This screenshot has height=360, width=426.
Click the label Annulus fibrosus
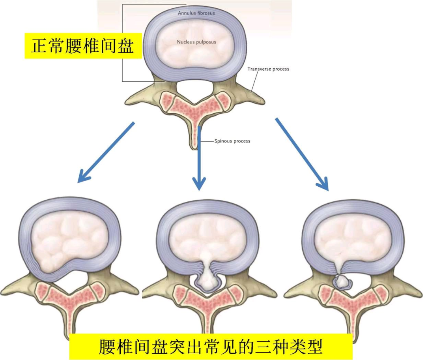[x=196, y=13]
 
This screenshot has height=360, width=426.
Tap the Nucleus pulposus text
[x=196, y=42]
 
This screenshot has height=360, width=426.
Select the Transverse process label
[x=268, y=69]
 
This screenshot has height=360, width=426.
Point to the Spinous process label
[x=232, y=141]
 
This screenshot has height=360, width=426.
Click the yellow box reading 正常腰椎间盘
[x=83, y=46]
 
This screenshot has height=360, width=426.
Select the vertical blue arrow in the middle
[x=199, y=158]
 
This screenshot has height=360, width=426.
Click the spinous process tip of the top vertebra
[x=194, y=144]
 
